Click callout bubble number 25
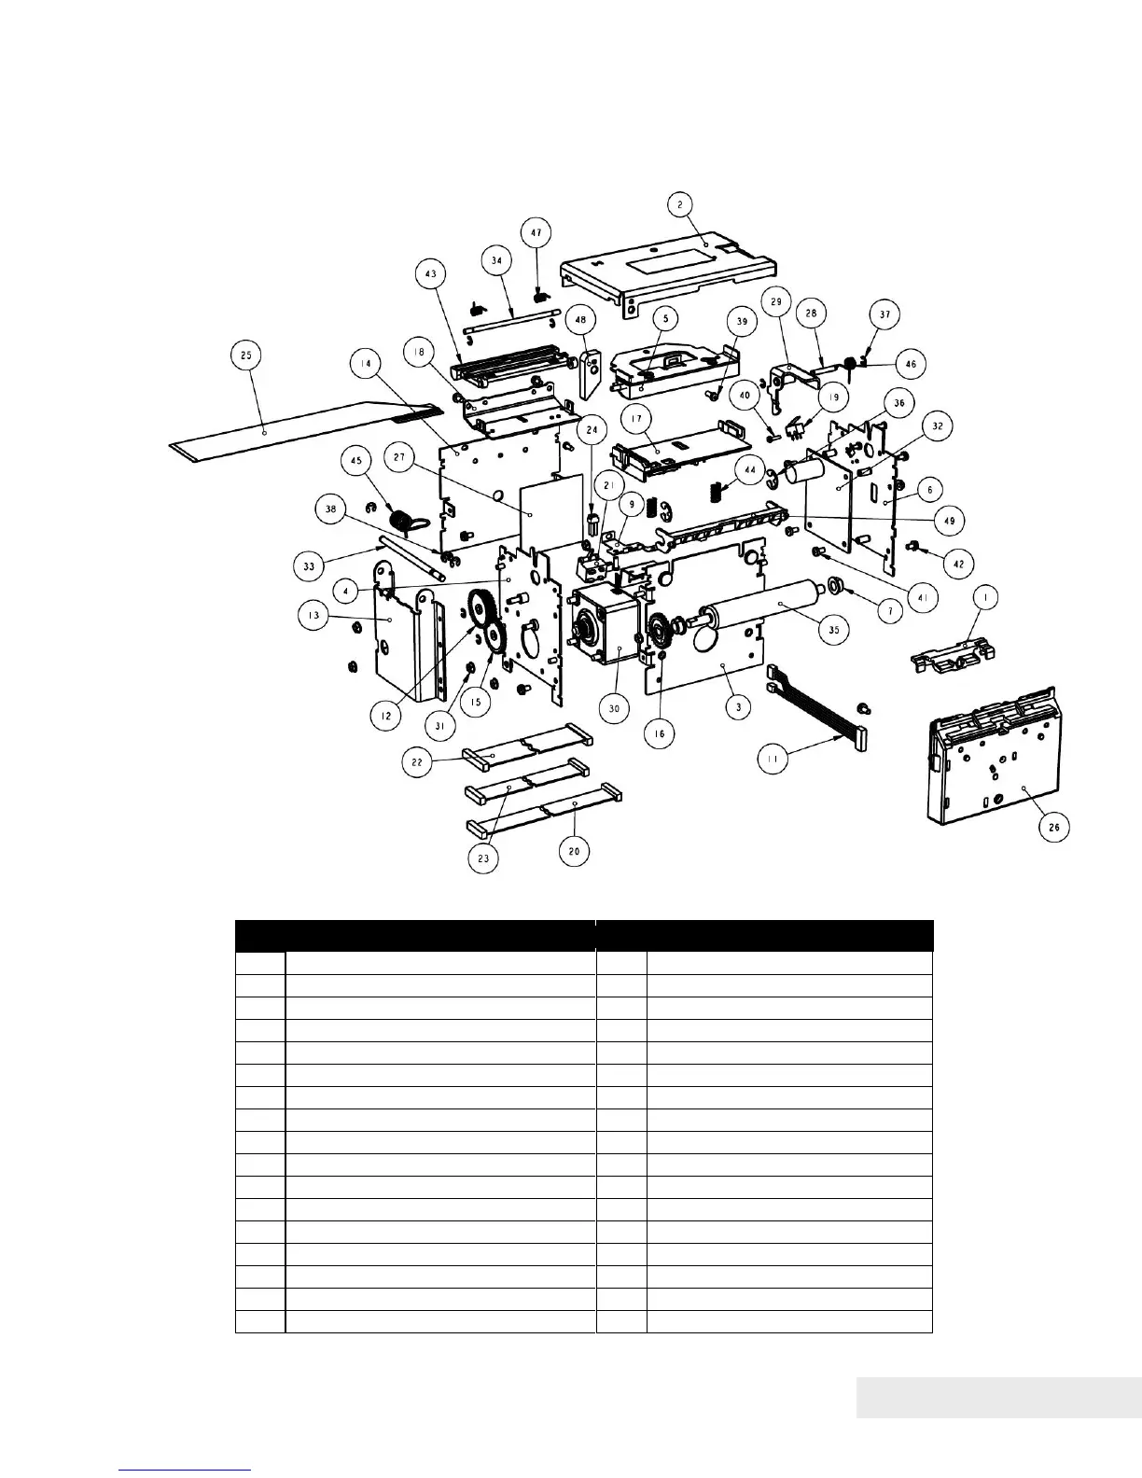click(x=245, y=355)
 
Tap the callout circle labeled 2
click(x=680, y=204)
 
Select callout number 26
click(x=1055, y=826)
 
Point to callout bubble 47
click(x=536, y=232)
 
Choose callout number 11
click(x=772, y=759)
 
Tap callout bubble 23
click(x=483, y=859)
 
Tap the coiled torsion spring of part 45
click(x=401, y=522)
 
